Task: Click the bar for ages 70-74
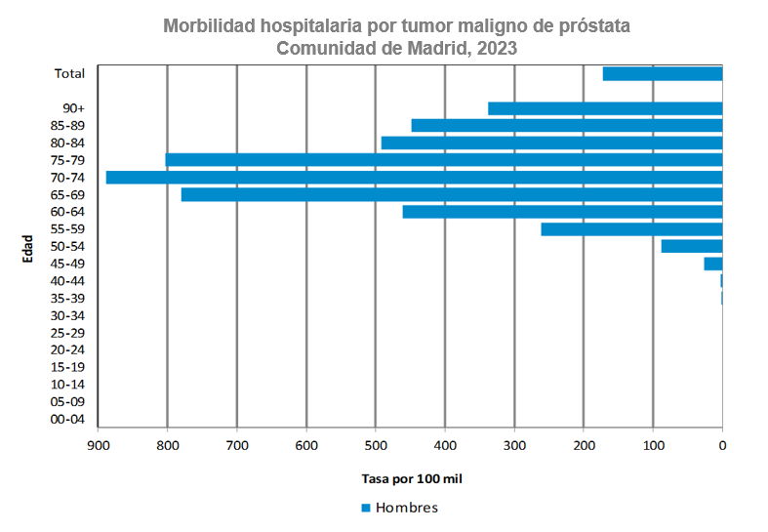tap(414, 178)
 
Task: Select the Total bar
tap(663, 73)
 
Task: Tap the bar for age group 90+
tap(605, 108)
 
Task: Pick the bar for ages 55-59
tap(631, 229)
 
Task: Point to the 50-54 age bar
tap(692, 246)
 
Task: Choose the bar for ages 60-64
tap(562, 212)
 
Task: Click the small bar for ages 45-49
tap(713, 264)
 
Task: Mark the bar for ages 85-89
tap(567, 125)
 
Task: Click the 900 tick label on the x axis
tap(98, 446)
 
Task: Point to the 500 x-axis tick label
tap(376, 446)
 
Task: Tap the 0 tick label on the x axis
tap(722, 446)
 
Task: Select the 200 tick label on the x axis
tap(584, 446)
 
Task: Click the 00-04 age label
tap(67, 420)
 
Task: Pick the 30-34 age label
tap(67, 315)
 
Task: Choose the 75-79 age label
tap(67, 160)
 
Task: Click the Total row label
tap(69, 73)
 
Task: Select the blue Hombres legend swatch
tap(367, 508)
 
